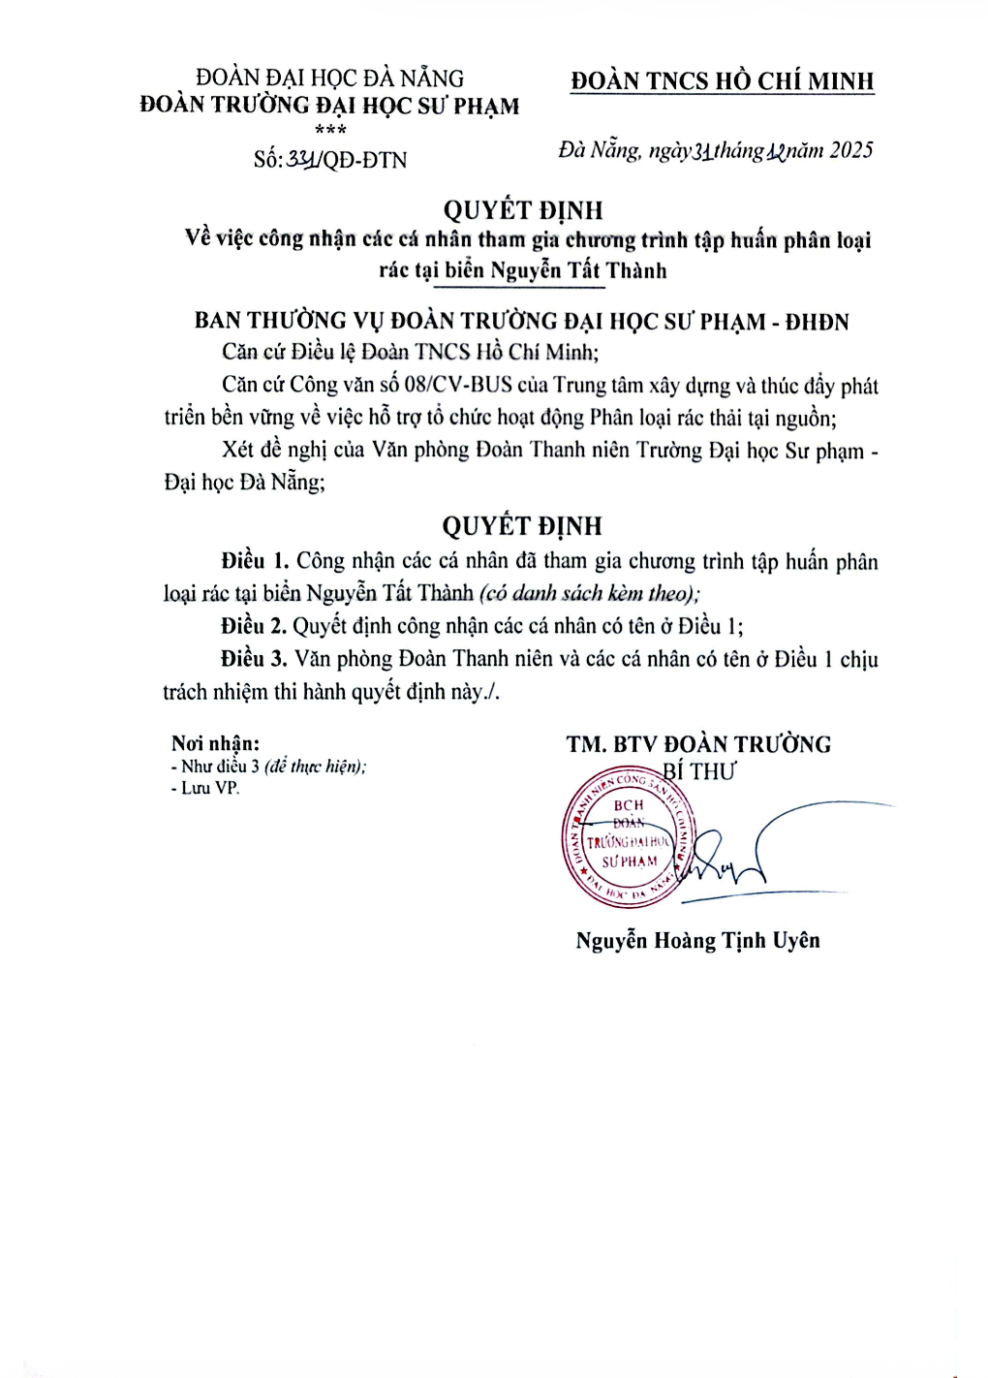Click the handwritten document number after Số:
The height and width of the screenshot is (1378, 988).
pyautogui.click(x=303, y=159)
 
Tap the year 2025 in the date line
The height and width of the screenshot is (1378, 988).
pyautogui.click(x=851, y=150)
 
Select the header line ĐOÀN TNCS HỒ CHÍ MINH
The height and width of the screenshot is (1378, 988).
pyautogui.click(x=722, y=81)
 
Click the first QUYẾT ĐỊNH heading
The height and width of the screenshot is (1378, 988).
pyautogui.click(x=522, y=210)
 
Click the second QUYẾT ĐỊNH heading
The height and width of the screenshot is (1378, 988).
pyautogui.click(x=522, y=526)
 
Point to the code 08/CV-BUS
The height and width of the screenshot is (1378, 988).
pyautogui.click(x=458, y=385)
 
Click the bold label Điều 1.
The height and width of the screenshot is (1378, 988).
pyautogui.click(x=255, y=561)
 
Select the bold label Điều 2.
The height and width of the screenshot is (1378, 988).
pyautogui.click(x=254, y=626)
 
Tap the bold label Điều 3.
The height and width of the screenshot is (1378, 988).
pyautogui.click(x=254, y=659)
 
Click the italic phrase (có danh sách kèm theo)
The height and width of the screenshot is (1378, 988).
pyautogui.click(x=588, y=593)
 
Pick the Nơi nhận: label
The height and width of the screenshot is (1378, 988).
pyautogui.click(x=215, y=743)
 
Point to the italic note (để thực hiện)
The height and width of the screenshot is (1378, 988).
pyautogui.click(x=315, y=767)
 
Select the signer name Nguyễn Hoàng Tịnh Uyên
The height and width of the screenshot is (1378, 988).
pyautogui.click(x=697, y=940)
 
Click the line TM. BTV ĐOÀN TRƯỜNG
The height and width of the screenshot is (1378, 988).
pyautogui.click(x=698, y=744)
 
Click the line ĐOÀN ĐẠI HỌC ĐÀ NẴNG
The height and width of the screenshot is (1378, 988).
pyautogui.click(x=329, y=78)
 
